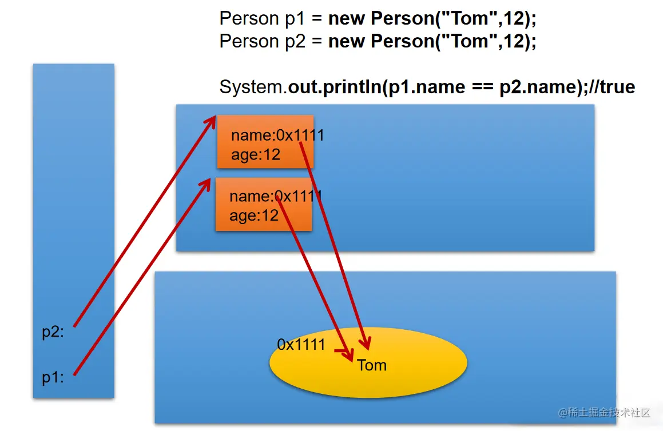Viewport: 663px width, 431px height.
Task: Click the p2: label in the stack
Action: pos(53,333)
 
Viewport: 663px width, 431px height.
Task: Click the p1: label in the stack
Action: pos(53,378)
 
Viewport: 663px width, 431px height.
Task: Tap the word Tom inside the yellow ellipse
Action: pos(372,365)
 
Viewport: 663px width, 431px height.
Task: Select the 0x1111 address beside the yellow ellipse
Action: pos(301,344)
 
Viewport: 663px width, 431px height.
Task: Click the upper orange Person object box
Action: pos(265,142)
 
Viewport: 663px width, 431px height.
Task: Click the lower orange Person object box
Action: pos(263,204)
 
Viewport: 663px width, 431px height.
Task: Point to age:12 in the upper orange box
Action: pos(255,155)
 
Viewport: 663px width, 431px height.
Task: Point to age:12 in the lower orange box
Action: pos(253,215)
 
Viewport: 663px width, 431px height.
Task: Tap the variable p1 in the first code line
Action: pos(296,18)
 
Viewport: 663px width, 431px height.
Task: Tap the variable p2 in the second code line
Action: pos(296,41)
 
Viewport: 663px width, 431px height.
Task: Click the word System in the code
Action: pos(251,87)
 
